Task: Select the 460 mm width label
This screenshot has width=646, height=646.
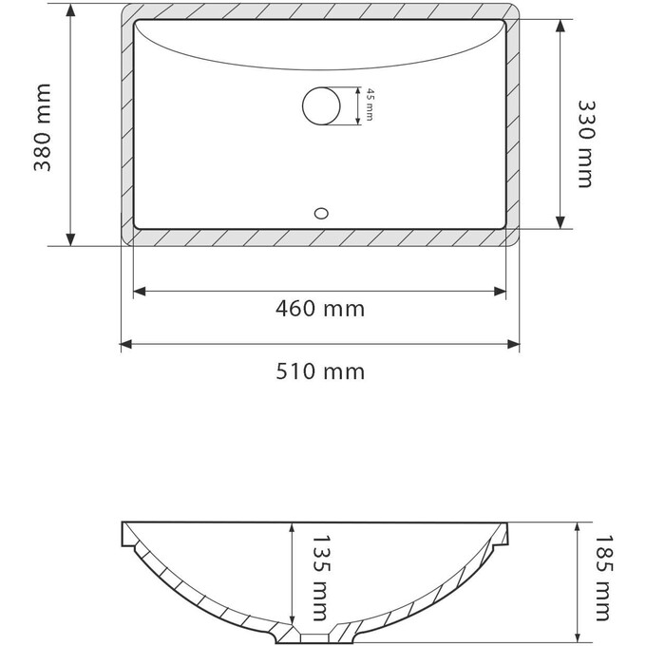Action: (319, 309)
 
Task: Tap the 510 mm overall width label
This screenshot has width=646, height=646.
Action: (319, 370)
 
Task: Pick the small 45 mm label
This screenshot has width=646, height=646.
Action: (368, 105)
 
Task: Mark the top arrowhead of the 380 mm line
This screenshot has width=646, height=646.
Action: (71, 11)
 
